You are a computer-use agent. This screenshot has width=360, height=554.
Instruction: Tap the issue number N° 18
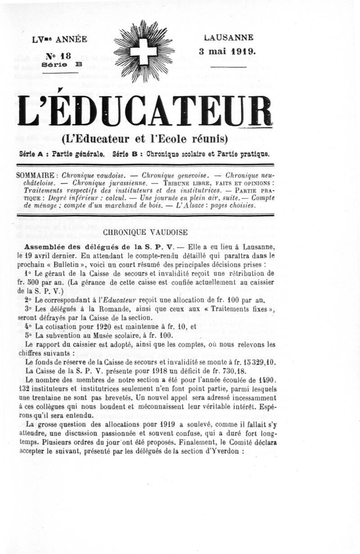tap(58, 56)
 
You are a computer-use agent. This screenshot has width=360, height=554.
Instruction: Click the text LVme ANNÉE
tap(59, 40)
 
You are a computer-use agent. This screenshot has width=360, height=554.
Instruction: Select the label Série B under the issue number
tap(56, 65)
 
